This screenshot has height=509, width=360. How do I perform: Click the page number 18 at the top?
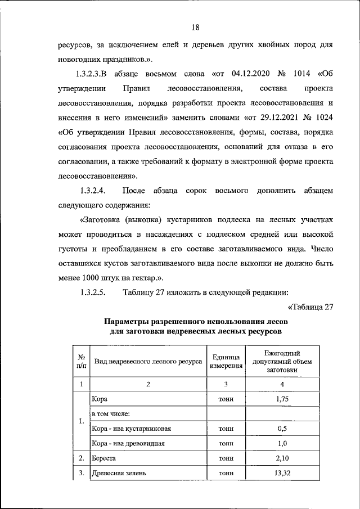tap(195, 28)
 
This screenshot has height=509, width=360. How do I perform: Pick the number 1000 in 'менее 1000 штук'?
tap(92, 277)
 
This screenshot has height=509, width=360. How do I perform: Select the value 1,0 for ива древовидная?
tap(282, 443)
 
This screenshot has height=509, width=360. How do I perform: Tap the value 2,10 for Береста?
tap(282, 458)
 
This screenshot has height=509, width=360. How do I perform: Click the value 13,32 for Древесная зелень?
tap(282, 474)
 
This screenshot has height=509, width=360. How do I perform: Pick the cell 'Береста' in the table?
tap(104, 458)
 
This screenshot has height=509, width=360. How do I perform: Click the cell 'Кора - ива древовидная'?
tap(128, 443)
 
